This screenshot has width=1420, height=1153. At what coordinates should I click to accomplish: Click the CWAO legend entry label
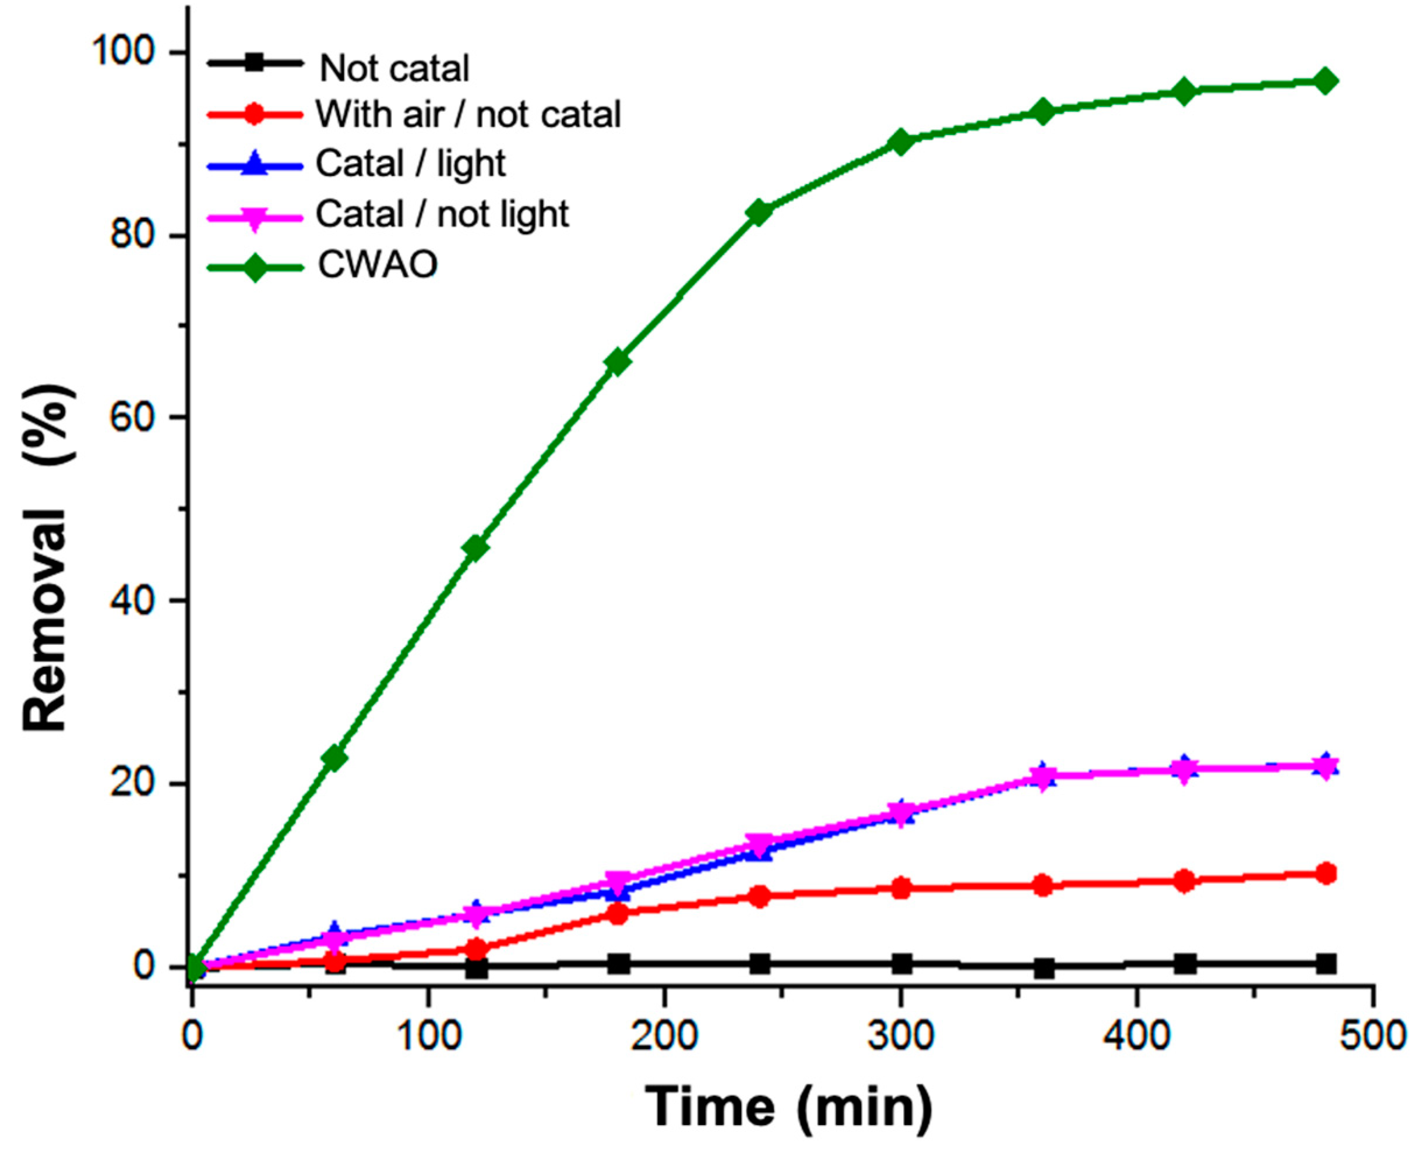pos(378,265)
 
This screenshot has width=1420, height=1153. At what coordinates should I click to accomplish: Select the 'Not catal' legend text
pos(394,68)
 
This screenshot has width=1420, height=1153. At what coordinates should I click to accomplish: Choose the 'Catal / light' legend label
pos(411,164)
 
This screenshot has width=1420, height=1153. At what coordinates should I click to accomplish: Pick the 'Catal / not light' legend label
pos(442,214)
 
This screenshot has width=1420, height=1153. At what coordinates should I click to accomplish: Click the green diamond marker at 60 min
pos(333,758)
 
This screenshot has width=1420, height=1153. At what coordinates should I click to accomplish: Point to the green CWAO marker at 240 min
pos(759,212)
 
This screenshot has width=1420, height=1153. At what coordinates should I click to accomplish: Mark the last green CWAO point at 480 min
pos(1324,82)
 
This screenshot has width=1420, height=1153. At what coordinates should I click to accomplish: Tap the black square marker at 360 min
pos(1043,968)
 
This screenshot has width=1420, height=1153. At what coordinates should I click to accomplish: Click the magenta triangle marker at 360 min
pos(1043,777)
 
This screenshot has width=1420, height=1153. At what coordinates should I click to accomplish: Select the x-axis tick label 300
pos(900,1036)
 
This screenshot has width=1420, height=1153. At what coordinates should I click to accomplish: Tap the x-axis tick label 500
pos(1372,1036)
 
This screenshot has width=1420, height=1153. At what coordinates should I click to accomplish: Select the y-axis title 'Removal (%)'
pos(48,558)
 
